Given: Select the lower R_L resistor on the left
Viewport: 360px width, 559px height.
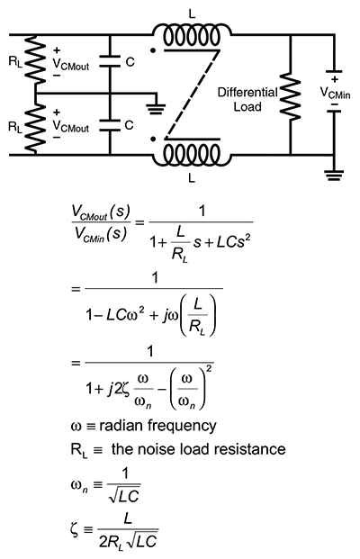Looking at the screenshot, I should pyautogui.click(x=33, y=126).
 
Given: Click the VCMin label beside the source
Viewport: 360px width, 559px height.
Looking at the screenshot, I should pyautogui.click(x=336, y=92).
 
